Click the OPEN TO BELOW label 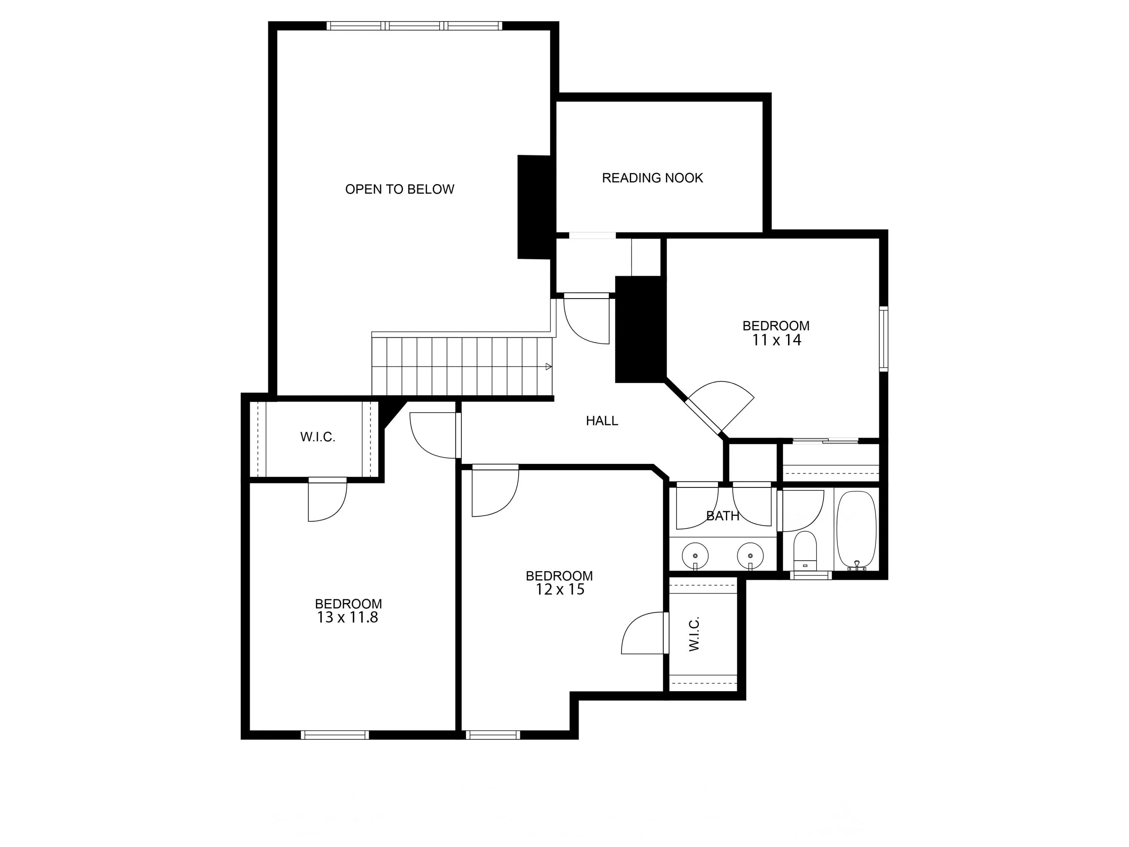tap(400, 189)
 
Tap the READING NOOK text tap(652, 178)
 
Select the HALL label tap(602, 421)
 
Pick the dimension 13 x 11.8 tap(348, 618)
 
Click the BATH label tap(723, 516)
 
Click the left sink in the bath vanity tap(695, 554)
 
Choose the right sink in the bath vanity tap(750, 554)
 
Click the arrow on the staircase tap(549, 367)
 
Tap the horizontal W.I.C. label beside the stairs tap(318, 437)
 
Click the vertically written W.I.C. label tap(694, 634)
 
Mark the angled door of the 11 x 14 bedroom tap(703, 416)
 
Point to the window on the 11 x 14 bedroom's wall tap(884, 338)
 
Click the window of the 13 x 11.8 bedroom tap(335, 735)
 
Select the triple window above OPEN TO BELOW tap(414, 26)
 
